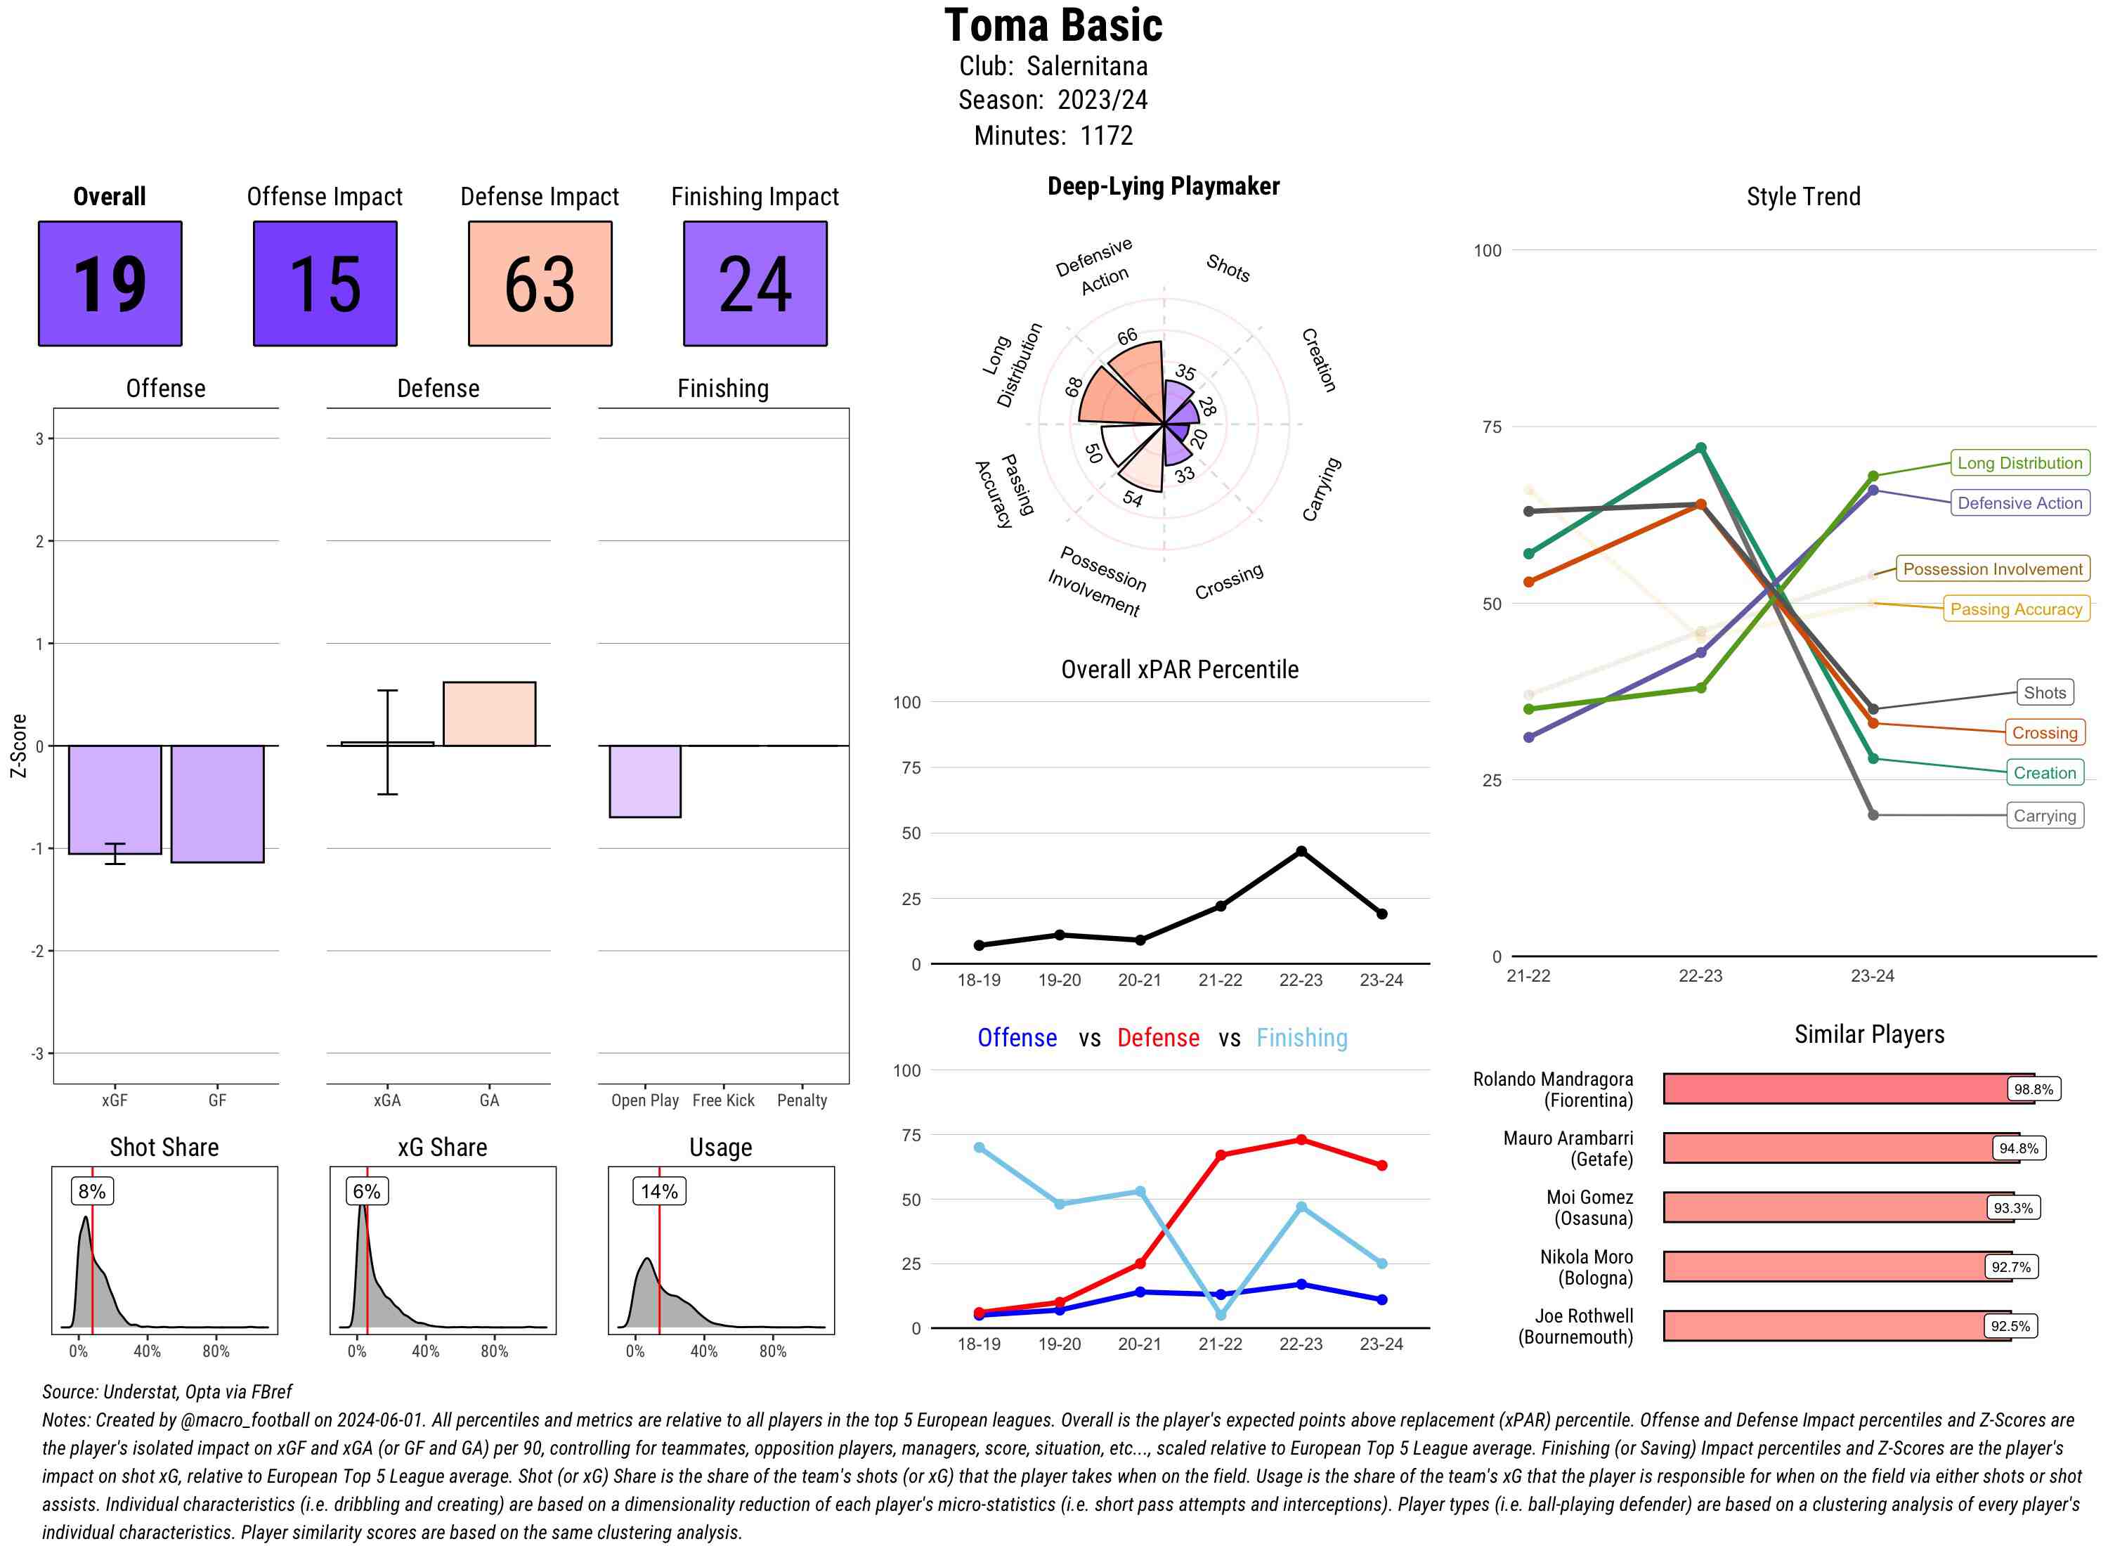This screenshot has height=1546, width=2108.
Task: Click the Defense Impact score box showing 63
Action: [540, 284]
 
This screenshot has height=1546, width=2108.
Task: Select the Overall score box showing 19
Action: [110, 284]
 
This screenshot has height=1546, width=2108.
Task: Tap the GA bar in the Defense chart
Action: [489, 714]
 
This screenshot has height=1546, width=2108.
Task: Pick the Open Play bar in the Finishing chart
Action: [644, 781]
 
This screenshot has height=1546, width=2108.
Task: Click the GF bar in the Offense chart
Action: [217, 804]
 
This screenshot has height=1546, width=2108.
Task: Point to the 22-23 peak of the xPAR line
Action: [1301, 852]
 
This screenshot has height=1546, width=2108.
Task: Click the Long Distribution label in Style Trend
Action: [2019, 463]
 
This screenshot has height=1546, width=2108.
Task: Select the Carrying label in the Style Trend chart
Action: [2044, 816]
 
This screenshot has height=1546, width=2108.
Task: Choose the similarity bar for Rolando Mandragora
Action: [1848, 1089]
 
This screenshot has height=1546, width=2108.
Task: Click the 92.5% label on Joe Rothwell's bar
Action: [2010, 1326]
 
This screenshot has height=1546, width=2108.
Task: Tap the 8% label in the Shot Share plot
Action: [91, 1191]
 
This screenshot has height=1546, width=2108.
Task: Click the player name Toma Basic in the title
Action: [1053, 25]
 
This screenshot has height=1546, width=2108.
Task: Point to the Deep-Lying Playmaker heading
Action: [1163, 186]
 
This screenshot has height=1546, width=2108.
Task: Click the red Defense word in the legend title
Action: [1157, 1038]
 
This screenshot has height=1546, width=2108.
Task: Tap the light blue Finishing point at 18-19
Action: [980, 1148]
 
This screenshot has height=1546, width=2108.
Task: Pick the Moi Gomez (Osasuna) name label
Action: [1589, 1208]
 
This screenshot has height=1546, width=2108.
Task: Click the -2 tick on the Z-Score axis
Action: [37, 951]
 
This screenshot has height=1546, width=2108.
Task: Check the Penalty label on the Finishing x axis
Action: [802, 1100]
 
